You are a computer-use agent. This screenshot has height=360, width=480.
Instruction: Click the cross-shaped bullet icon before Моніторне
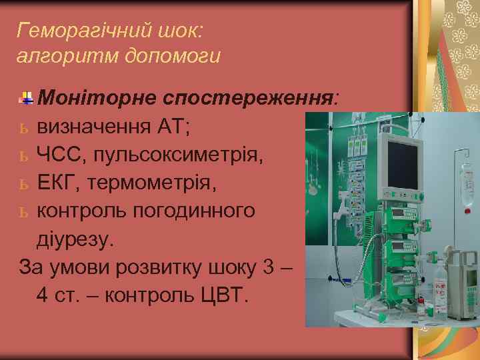[x=27, y=99]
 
